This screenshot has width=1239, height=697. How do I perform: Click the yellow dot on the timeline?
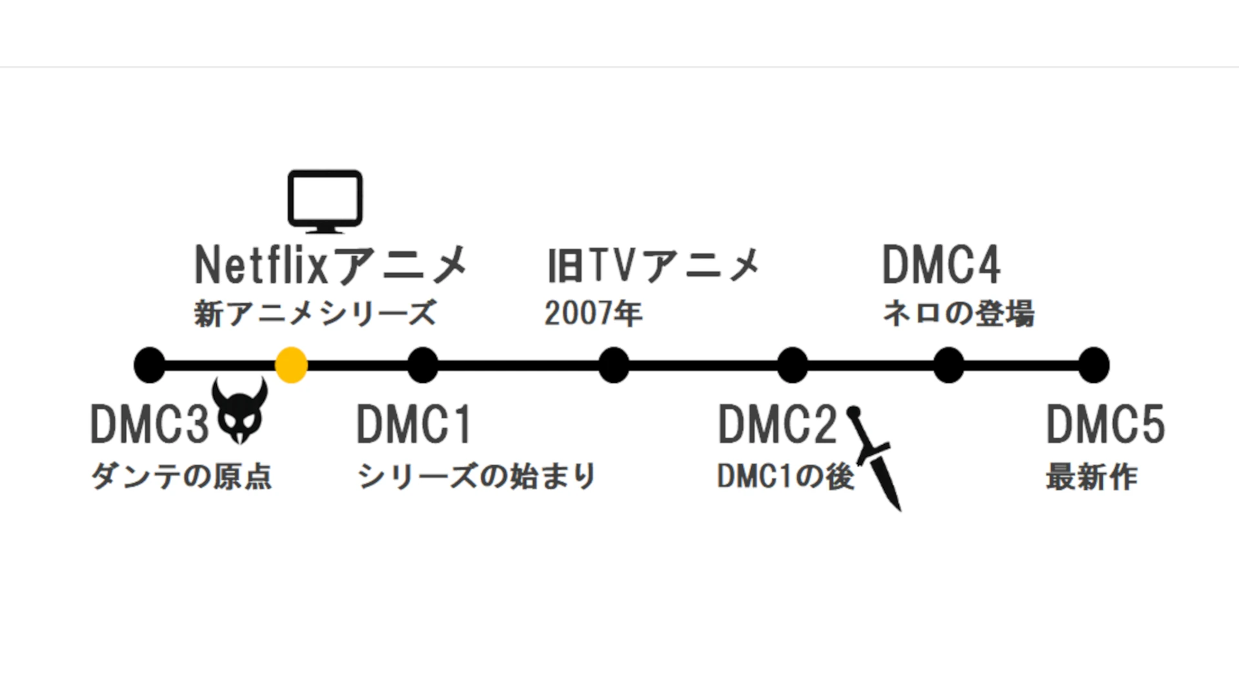[291, 365]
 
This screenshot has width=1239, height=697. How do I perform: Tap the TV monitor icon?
[325, 201]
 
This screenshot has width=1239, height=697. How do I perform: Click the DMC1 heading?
[414, 425]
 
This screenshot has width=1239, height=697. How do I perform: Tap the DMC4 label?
[942, 265]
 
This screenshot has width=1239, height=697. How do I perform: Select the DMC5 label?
[1105, 425]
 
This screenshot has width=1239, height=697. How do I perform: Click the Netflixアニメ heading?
[331, 265]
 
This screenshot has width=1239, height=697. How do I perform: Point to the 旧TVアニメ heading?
[654, 265]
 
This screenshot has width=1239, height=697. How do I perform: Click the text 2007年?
[594, 314]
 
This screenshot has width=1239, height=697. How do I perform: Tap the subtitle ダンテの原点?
[181, 477]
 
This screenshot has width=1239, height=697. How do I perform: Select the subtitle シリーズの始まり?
[476, 477]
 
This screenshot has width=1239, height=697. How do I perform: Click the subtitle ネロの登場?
[959, 314]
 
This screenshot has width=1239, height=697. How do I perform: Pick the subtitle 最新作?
[1092, 477]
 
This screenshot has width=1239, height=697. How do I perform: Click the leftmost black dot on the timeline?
[150, 365]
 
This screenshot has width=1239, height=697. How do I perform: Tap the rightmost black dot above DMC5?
[1094, 365]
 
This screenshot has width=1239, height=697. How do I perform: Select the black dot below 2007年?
[614, 365]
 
